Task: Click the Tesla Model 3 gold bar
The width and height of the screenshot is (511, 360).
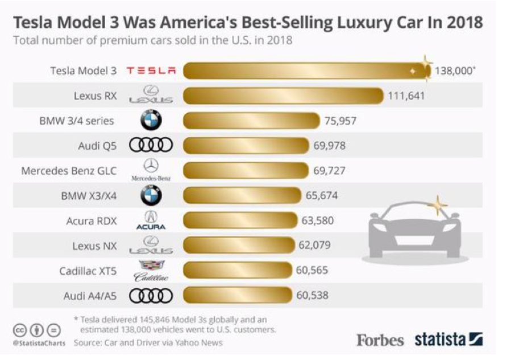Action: coord(307,71)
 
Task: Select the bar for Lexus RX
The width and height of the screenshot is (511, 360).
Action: coord(283,96)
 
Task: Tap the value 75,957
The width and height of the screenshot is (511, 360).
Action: coord(340,121)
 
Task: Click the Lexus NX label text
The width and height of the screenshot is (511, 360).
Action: coord(94,246)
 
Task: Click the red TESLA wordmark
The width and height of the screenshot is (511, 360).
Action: coord(151,71)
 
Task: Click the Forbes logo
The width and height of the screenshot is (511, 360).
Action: coord(380,340)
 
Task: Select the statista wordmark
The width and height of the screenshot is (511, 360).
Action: coord(441,340)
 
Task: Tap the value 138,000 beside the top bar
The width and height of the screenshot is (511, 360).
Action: coord(455,71)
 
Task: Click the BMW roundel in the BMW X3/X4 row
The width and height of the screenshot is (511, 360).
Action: coord(151,196)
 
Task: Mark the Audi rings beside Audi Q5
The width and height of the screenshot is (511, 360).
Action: coord(151,146)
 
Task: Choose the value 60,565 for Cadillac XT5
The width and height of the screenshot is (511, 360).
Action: coord(312,270)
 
